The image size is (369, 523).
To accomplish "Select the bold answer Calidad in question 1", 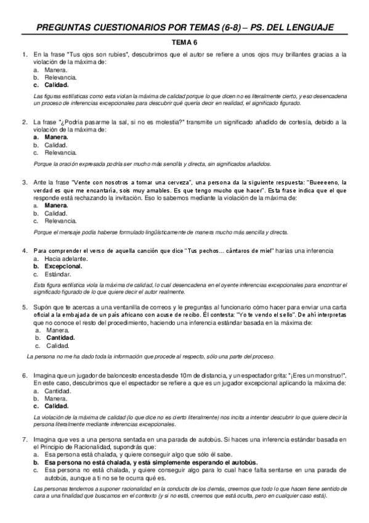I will point(57,85).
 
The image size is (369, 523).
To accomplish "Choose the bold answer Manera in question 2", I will point(57,137).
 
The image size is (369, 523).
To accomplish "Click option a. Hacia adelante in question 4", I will point(66,259).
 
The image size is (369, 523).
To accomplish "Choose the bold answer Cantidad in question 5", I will point(60,337).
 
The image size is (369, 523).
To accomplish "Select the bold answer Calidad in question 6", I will point(57,406).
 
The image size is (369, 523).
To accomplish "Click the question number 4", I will point(24,252).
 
